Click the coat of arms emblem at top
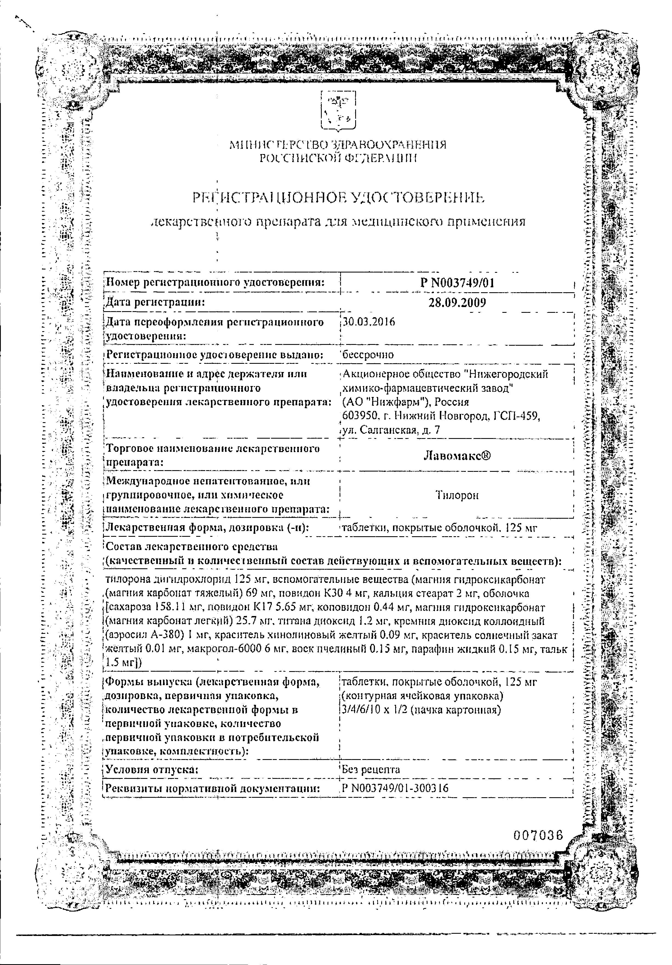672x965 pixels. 337,111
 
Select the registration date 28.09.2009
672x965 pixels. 457,303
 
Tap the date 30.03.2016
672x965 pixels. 369,322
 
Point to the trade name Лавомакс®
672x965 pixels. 457,456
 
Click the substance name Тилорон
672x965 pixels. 457,495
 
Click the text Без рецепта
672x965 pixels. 371,769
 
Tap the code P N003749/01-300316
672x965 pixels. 395,788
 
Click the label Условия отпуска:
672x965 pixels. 151,769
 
